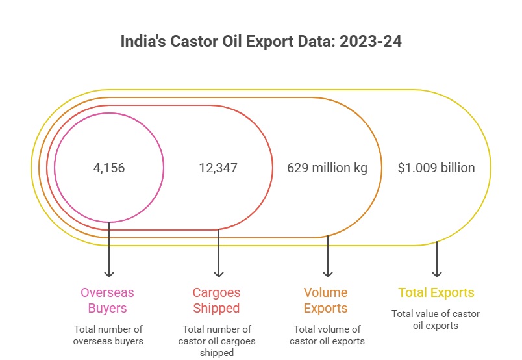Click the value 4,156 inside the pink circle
click(109, 168)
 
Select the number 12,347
click(218, 168)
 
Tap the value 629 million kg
click(327, 168)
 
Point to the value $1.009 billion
click(436, 168)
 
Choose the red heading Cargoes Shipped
click(216, 300)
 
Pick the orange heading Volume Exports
click(326, 300)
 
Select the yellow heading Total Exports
click(436, 292)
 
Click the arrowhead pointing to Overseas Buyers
click(109, 274)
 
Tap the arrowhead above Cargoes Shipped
click(219, 274)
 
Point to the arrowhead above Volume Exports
click(328, 274)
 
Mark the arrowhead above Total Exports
click(437, 274)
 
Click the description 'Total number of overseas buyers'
click(108, 335)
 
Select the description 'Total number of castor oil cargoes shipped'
click(217, 341)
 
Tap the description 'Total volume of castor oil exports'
click(327, 335)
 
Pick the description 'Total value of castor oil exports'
click(436, 320)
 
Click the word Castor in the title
click(193, 42)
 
